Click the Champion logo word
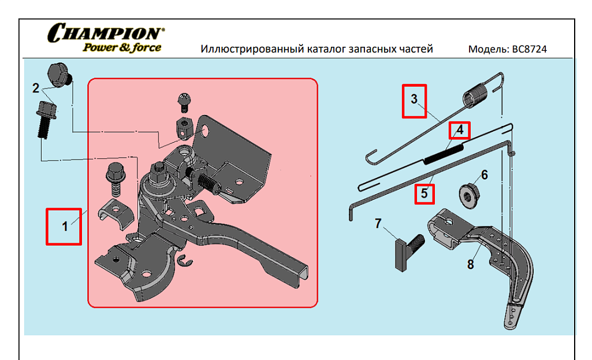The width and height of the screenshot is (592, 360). pos(106,34)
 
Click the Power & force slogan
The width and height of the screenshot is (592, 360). pos(122,48)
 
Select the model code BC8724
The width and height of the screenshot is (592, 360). pos(529,49)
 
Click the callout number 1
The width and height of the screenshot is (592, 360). pos(65,227)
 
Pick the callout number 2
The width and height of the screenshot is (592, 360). pos(36,88)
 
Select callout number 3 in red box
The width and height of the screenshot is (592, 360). pos(414,99)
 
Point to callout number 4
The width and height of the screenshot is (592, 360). pos(460,130)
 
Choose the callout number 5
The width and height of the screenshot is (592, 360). pos(425,193)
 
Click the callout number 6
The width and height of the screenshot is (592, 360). pos(484,175)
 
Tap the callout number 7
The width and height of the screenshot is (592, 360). pos(378,223)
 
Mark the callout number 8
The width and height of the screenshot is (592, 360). pos(470,265)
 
